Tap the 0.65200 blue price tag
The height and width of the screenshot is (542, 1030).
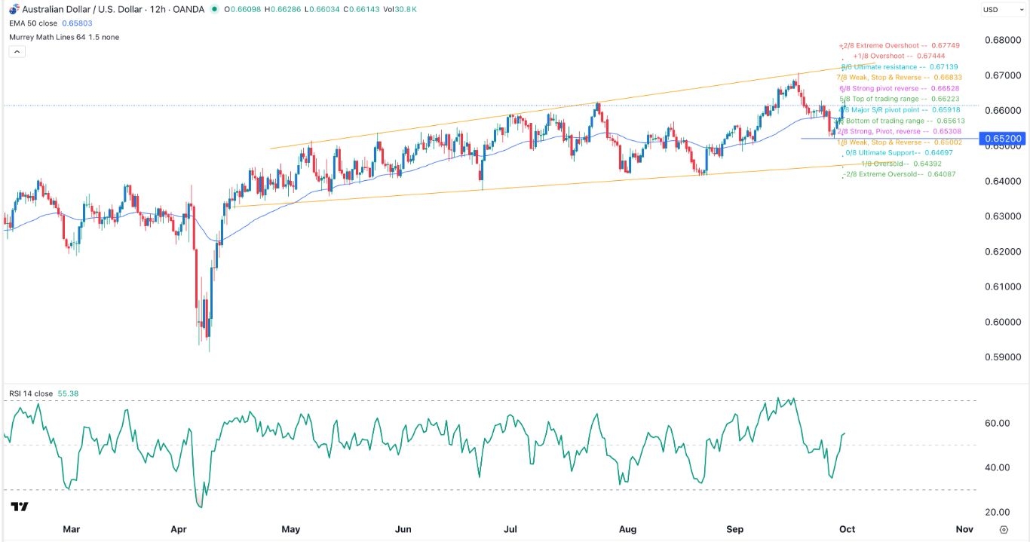coord(1001,139)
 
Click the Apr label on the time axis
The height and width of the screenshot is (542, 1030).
coord(179,529)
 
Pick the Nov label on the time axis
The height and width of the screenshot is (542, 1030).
coord(964,529)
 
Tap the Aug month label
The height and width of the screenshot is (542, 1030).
coord(627,529)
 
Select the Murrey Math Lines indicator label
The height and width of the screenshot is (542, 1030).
coord(64,37)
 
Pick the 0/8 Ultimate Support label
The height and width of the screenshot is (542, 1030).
coord(899,153)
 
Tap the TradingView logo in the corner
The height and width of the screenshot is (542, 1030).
coord(20,507)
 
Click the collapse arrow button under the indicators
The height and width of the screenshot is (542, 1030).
coord(17,52)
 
